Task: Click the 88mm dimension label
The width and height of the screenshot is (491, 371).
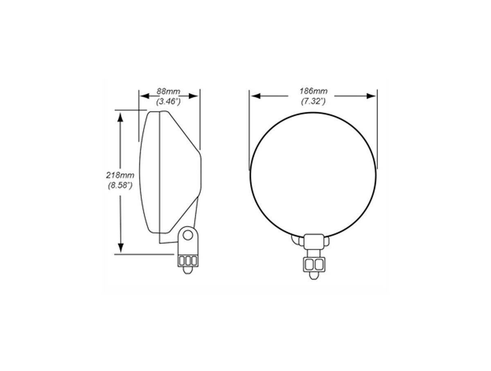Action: pos(168,91)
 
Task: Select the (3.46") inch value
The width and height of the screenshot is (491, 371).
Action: pos(168,102)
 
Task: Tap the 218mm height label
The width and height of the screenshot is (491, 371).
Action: pos(120,175)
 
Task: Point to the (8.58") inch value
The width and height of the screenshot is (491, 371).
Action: pos(120,185)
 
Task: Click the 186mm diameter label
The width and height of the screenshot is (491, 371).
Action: pos(313,91)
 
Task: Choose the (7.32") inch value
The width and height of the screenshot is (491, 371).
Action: pos(313,102)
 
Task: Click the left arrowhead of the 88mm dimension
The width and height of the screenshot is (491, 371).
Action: pos(144,96)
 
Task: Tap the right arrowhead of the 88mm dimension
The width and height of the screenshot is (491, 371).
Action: pos(193,96)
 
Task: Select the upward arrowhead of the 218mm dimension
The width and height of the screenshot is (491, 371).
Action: pos(121,118)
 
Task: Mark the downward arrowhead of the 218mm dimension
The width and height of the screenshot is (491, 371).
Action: pos(121,247)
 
